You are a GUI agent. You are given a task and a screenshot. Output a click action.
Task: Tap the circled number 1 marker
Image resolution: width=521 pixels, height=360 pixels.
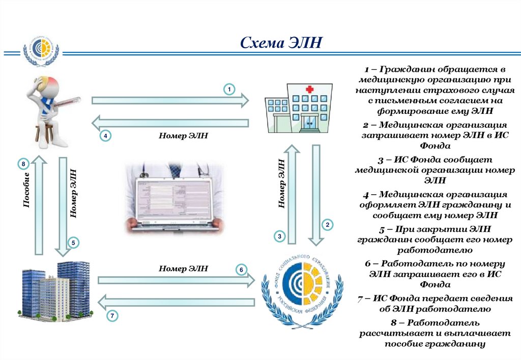[x=229, y=89]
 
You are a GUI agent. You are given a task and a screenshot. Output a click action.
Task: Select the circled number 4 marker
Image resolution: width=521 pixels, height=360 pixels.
[x=105, y=136]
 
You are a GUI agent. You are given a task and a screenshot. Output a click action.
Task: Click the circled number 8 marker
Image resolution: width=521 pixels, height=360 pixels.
[x=23, y=164]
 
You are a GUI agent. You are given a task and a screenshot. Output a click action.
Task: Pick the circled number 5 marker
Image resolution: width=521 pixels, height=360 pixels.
[x=73, y=243]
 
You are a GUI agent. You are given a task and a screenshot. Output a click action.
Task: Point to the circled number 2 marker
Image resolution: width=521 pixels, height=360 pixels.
[x=328, y=224]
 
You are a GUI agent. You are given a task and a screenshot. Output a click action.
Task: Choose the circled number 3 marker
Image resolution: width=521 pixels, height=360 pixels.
[x=279, y=235]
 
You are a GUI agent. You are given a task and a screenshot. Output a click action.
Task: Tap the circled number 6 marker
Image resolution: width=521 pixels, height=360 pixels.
[x=242, y=269]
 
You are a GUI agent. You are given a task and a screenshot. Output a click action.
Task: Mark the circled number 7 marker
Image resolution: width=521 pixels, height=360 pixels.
[x=112, y=316]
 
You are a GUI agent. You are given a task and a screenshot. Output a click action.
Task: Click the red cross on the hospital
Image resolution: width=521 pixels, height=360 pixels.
[x=309, y=89]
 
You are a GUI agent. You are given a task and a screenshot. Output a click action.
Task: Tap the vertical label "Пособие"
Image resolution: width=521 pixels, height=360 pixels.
[x=26, y=190]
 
